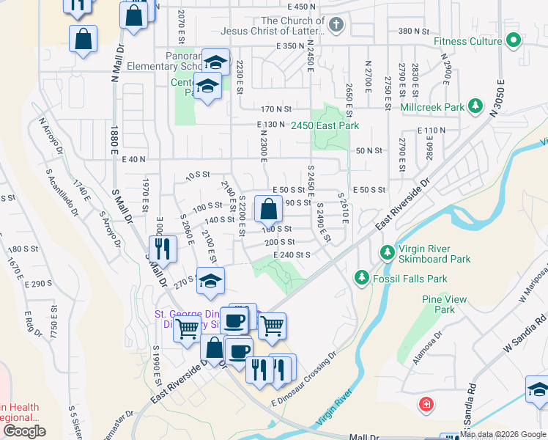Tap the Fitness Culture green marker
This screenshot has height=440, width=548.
(514, 41)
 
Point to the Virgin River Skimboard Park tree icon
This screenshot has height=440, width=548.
(387, 253)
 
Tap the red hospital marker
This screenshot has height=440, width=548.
(426, 404)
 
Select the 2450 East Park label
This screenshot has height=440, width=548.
(325, 126)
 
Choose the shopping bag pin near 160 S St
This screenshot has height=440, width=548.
(269, 210)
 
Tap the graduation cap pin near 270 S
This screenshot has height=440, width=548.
(211, 282)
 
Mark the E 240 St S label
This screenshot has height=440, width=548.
(292, 254)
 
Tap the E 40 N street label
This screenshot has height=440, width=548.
(134, 158)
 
